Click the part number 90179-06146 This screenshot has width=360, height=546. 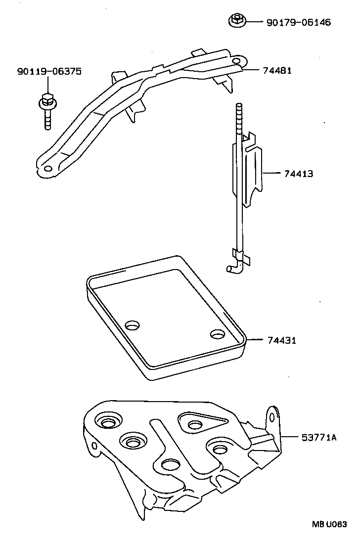tap(298, 22)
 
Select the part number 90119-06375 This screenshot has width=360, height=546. tap(49, 72)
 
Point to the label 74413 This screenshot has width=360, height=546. tap(298, 174)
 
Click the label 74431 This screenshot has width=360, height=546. tap(282, 340)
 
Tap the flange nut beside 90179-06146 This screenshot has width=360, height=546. tap(236, 20)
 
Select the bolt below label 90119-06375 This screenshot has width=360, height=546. tap(47, 111)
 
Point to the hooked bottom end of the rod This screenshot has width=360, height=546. tap(231, 268)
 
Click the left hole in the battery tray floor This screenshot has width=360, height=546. tap(133, 325)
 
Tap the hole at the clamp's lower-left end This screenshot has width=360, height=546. tap(47, 169)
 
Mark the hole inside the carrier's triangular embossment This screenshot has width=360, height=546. tap(194, 425)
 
